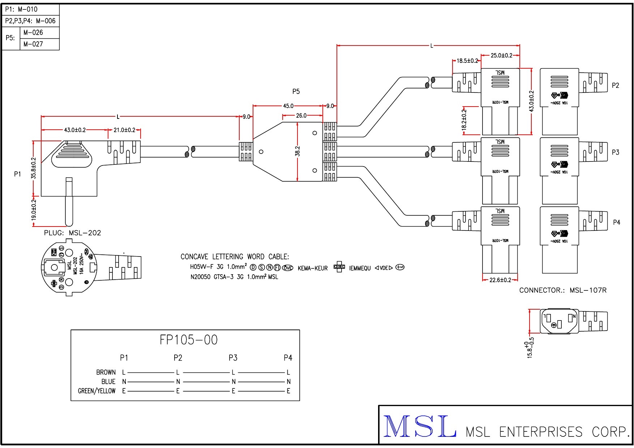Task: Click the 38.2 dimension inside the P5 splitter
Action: click(297, 151)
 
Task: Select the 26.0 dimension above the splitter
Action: click(301, 116)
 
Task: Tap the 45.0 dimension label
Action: click(288, 106)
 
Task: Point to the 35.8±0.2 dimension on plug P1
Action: click(34, 168)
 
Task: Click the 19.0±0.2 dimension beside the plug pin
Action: click(34, 210)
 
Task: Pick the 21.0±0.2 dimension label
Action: click(124, 130)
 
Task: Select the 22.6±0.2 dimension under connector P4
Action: click(500, 280)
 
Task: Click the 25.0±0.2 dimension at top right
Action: click(501, 56)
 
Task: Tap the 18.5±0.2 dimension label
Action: click(467, 61)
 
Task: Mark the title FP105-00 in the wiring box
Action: click(189, 340)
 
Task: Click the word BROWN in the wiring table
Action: click(106, 372)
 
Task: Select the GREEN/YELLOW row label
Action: click(97, 391)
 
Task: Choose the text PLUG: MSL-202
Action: click(73, 233)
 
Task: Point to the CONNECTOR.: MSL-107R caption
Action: click(563, 290)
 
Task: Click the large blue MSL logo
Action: click(419, 426)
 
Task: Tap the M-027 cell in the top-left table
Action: click(33, 44)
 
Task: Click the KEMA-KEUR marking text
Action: click(313, 268)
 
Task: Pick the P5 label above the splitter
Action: click(296, 91)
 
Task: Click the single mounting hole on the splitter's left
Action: click(261, 152)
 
